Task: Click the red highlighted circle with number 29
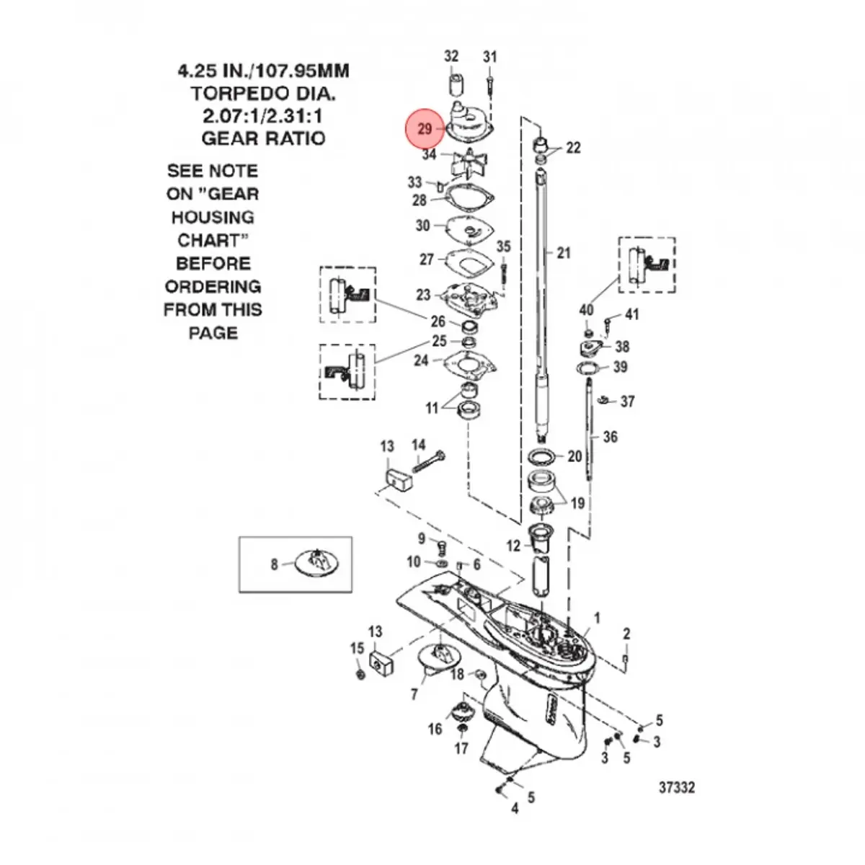[x=425, y=129]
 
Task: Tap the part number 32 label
[x=451, y=56]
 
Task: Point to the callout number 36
[x=611, y=437]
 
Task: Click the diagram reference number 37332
[x=677, y=787]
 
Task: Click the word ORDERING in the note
[x=213, y=286]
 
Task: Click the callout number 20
[x=575, y=456]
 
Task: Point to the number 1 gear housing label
[x=597, y=618]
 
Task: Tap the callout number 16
[x=435, y=729]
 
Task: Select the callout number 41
[x=631, y=314]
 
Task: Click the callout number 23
[x=422, y=294]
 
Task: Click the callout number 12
[x=513, y=546]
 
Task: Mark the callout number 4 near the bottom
[x=515, y=809]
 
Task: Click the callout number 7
[x=414, y=694]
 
